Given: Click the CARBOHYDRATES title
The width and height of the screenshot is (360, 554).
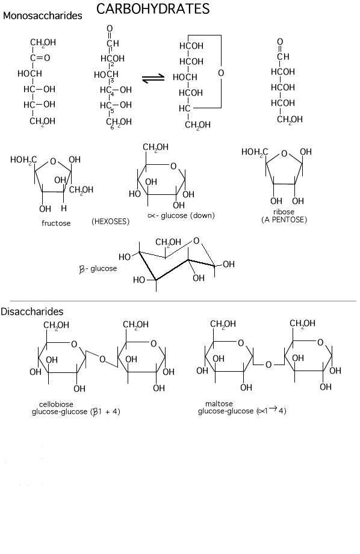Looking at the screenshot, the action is [x=153, y=9].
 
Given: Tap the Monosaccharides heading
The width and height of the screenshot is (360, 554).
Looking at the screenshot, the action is [x=42, y=16].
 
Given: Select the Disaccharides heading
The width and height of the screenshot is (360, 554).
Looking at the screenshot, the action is [x=32, y=311].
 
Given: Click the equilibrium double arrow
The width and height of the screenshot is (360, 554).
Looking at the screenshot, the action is [x=153, y=78].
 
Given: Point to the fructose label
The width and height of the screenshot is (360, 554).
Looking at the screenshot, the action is [x=56, y=223].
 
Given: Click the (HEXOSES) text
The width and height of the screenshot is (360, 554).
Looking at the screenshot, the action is [x=110, y=221].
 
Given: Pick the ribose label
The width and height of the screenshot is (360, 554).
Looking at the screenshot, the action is [x=284, y=212].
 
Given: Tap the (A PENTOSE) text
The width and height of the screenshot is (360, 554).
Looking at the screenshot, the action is [x=284, y=220].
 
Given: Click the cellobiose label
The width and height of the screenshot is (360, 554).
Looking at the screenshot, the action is [x=56, y=404].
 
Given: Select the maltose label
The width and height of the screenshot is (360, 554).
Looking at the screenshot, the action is [x=219, y=404].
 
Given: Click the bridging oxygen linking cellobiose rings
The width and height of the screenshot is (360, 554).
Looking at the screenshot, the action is [x=102, y=359].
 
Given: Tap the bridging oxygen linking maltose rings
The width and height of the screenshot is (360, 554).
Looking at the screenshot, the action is [x=268, y=365].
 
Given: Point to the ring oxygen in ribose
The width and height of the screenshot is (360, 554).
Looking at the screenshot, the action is [x=284, y=154].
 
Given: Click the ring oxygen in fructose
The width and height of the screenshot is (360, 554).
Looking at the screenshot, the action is [x=53, y=161].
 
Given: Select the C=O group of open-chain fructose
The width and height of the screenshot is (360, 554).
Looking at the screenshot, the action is [x=40, y=58].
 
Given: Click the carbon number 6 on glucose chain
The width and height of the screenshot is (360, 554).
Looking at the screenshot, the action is [x=112, y=127].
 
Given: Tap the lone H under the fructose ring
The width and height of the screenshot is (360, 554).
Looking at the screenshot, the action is [x=64, y=208].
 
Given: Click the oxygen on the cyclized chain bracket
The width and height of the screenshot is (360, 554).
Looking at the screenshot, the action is [x=221, y=73].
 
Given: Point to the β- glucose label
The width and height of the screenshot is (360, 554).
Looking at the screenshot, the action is [x=98, y=269].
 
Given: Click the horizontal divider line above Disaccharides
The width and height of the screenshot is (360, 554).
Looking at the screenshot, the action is [x=183, y=301].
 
